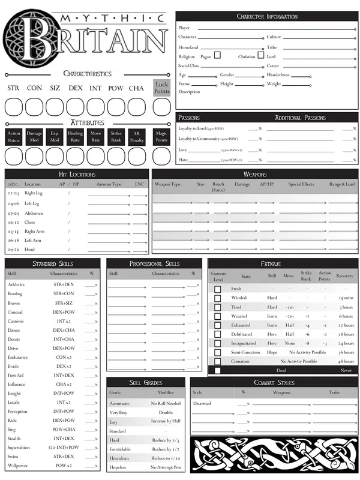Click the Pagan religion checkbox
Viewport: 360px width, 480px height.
coord(217,55)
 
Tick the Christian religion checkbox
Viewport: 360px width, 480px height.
coord(261,55)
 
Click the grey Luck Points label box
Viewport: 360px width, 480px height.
coord(162,88)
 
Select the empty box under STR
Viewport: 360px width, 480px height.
coord(14,107)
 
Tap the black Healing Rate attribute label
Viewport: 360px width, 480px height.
coord(75,137)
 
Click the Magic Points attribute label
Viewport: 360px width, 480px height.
coord(161,137)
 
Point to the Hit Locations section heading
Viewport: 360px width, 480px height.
coord(77,174)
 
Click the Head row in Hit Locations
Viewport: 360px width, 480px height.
coord(29,249)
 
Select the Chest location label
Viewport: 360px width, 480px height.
coord(30,222)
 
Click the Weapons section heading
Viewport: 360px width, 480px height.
coord(255,174)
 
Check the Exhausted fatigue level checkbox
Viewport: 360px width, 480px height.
coord(217,325)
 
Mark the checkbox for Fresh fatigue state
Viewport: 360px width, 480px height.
coord(217,289)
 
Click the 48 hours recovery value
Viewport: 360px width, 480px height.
coord(345,361)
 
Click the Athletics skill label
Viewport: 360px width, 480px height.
coord(16,284)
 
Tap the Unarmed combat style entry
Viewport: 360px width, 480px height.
coord(202,403)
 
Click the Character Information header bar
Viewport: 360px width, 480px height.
coord(267,16)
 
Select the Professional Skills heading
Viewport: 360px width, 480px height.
coord(154,263)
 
